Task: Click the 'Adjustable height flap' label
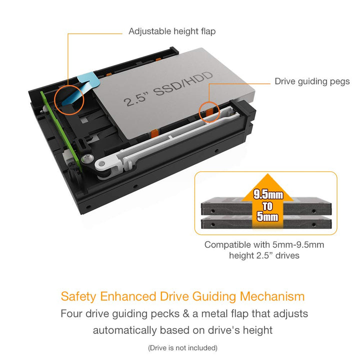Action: coord(172,31)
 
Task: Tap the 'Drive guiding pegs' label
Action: coord(312,81)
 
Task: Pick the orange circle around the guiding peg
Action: coord(209,111)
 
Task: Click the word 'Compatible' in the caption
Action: coord(227,245)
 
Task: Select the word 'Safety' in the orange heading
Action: coord(78,296)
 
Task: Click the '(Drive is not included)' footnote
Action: coord(182,347)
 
